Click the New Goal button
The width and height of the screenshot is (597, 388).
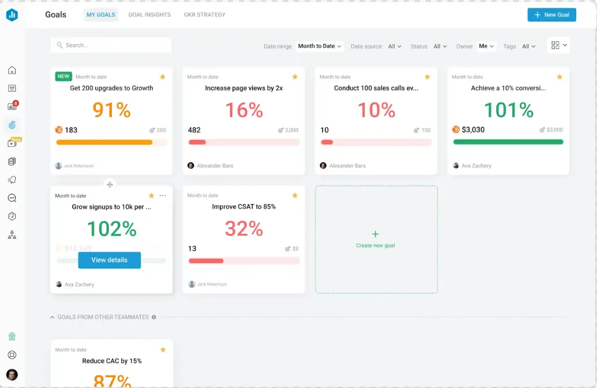point(552,15)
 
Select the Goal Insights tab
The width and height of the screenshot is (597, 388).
point(150,15)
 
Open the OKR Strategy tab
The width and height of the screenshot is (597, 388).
point(204,15)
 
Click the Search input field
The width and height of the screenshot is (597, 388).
point(111,45)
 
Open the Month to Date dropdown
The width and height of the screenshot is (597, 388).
point(320,46)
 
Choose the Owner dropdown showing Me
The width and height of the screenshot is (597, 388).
point(487,46)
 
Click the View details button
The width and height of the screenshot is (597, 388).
point(109,260)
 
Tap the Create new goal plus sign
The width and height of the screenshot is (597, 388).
point(375,234)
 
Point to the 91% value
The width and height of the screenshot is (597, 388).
point(111,109)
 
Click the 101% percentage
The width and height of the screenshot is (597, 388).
point(508,109)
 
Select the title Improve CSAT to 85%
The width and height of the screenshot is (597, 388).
point(244,207)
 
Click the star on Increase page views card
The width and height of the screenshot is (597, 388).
point(295,77)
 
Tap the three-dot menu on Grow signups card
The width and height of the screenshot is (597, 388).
point(163,196)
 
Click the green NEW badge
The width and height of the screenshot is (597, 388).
point(63,76)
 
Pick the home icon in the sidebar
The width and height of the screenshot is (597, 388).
point(12,70)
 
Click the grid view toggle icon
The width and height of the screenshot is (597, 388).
point(555,46)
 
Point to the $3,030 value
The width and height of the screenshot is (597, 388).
point(473,130)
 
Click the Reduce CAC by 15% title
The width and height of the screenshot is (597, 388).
point(112,361)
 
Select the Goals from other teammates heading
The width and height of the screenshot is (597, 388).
point(103,317)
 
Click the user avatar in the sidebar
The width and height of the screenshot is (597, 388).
point(12,374)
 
